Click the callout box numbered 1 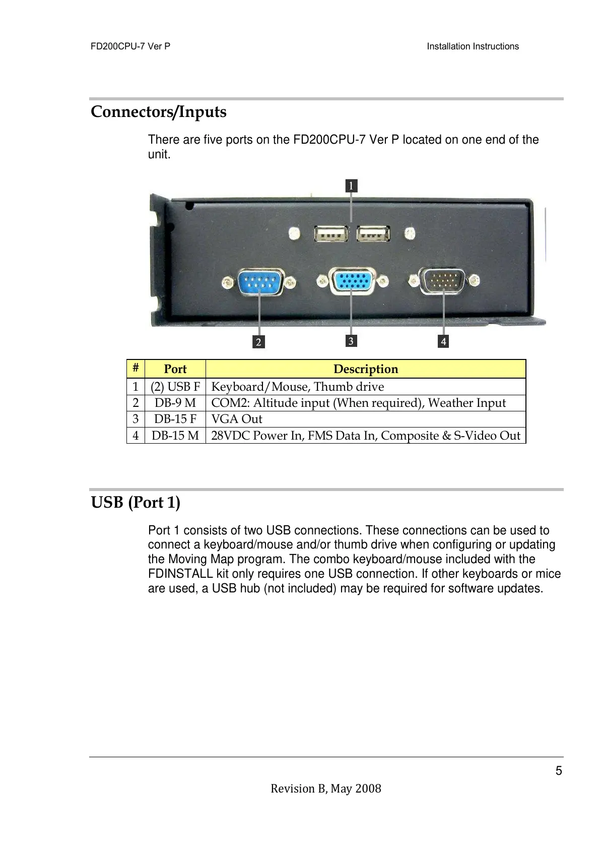(351, 186)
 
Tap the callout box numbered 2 (258, 342)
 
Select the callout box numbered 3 (351, 341)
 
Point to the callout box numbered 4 (443, 341)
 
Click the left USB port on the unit (331, 234)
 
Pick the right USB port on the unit (373, 234)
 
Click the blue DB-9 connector (259, 282)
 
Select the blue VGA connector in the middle (352, 281)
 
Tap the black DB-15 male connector (443, 280)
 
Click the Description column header (366, 369)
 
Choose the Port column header (175, 369)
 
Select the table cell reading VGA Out (237, 419)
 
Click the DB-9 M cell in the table (175, 403)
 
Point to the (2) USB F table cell (175, 387)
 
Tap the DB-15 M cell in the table (175, 436)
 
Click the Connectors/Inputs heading (159, 111)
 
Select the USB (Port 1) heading (136, 502)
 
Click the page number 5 (559, 771)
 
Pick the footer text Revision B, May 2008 (326, 789)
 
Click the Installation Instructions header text (473, 46)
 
